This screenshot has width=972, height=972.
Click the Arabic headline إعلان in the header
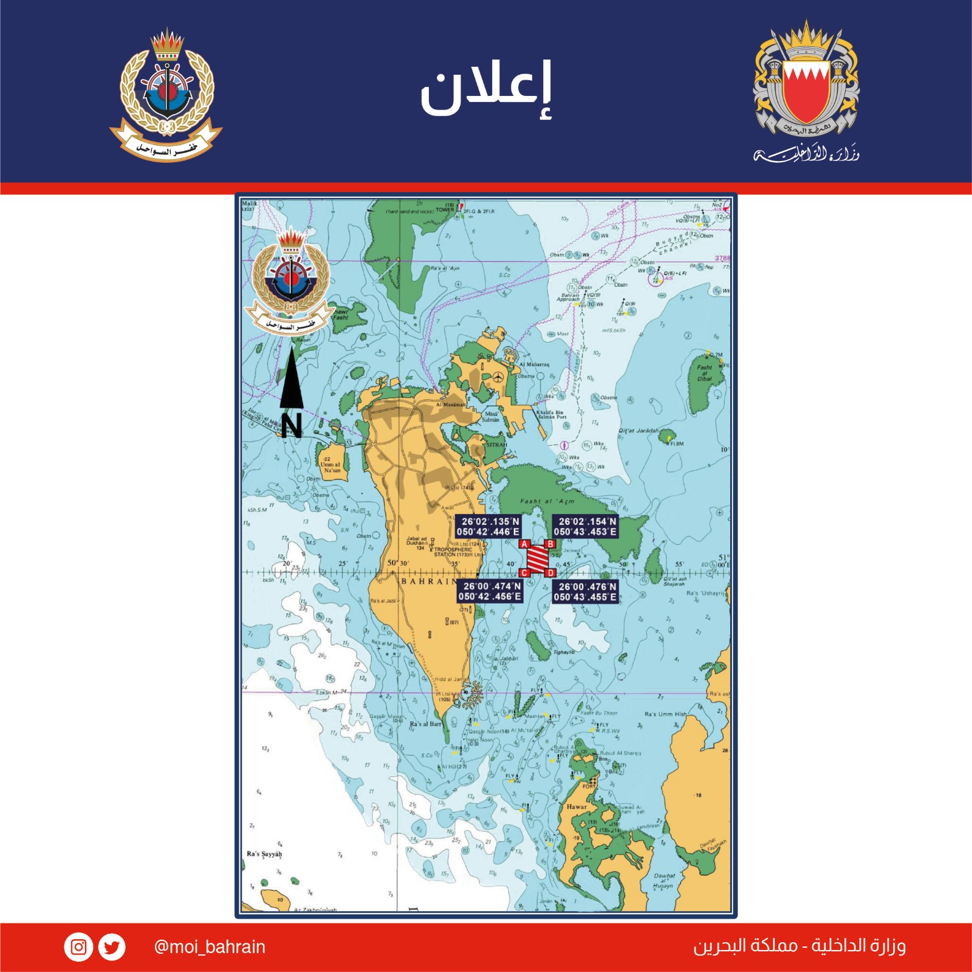486,88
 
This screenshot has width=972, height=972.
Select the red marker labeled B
550,544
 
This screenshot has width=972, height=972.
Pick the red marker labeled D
550,573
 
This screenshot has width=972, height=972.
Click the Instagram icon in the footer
78,947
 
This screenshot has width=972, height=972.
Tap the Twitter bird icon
112,947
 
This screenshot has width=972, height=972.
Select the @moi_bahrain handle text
210,947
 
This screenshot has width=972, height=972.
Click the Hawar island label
577,807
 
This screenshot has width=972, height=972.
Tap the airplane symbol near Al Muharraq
499,377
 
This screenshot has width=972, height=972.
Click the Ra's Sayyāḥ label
264,854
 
